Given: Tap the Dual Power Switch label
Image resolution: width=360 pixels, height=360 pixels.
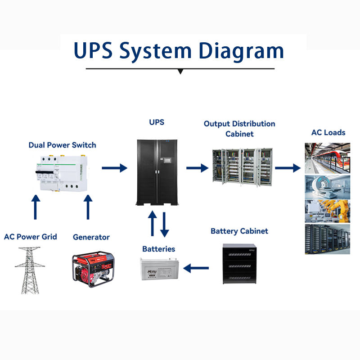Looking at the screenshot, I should [62, 145].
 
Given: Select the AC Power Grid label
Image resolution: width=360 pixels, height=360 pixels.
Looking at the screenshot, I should [31, 236].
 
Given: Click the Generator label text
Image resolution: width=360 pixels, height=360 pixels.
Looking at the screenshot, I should [91, 237].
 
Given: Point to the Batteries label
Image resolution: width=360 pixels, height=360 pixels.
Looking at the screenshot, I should [158, 248].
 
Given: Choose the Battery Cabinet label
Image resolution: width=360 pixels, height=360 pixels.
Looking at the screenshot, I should [239, 231].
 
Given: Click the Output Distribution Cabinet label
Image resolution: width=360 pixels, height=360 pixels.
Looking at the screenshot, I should [239, 129].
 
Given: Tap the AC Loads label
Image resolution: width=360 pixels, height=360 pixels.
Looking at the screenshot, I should [328, 132].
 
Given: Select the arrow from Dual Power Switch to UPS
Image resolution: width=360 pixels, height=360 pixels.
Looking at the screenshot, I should [114, 168].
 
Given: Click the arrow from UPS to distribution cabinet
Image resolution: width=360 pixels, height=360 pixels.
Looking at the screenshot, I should [198, 168].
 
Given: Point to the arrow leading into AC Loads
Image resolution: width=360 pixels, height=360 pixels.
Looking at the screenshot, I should [288, 168].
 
